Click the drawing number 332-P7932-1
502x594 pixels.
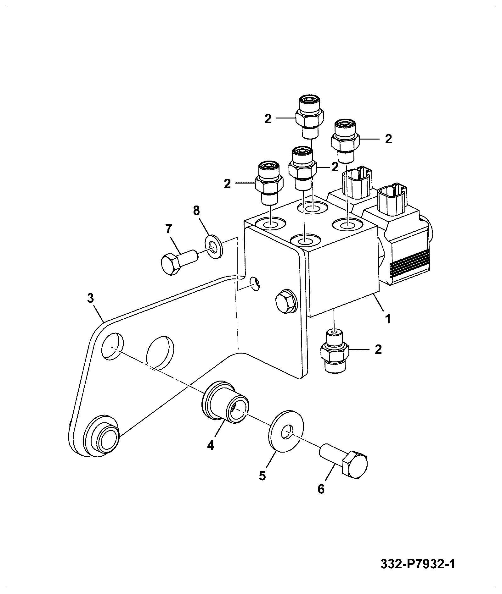coord(418,564)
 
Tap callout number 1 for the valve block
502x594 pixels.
coord(388,319)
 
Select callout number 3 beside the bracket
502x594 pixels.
coord(91,298)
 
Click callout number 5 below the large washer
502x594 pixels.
coord(262,476)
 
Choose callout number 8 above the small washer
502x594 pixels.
coord(196,211)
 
